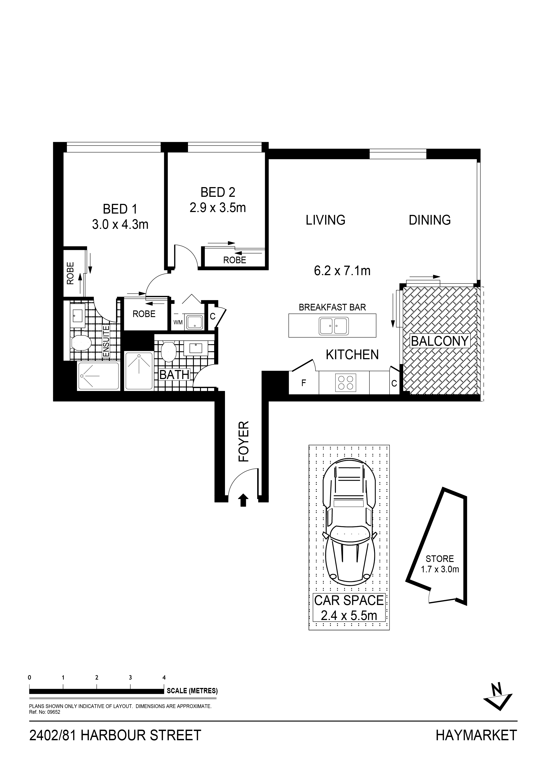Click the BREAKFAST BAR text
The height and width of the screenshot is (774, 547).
click(x=332, y=307)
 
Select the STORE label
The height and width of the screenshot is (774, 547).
click(x=440, y=559)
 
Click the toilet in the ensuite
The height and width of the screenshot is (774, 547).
click(x=81, y=343)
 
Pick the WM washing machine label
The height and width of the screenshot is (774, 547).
click(x=178, y=323)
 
